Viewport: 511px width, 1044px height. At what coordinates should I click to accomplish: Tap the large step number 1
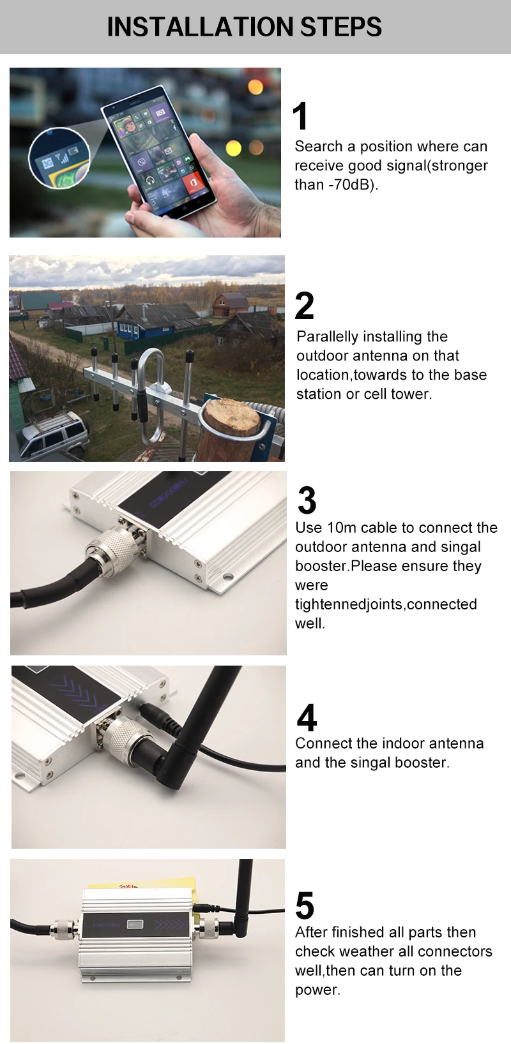[x=300, y=116]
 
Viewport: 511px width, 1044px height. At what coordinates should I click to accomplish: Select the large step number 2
[x=304, y=306]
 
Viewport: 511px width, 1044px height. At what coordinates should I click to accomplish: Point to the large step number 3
[x=307, y=500]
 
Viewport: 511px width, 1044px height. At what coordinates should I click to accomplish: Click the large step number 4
[x=307, y=718]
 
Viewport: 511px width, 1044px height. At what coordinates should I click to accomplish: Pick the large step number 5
[x=305, y=906]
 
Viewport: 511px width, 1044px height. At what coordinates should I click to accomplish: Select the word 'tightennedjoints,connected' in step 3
[x=386, y=604]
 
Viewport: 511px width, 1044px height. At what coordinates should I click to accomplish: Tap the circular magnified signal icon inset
[x=59, y=158]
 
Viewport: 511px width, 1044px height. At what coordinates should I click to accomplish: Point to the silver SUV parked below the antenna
[x=54, y=435]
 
